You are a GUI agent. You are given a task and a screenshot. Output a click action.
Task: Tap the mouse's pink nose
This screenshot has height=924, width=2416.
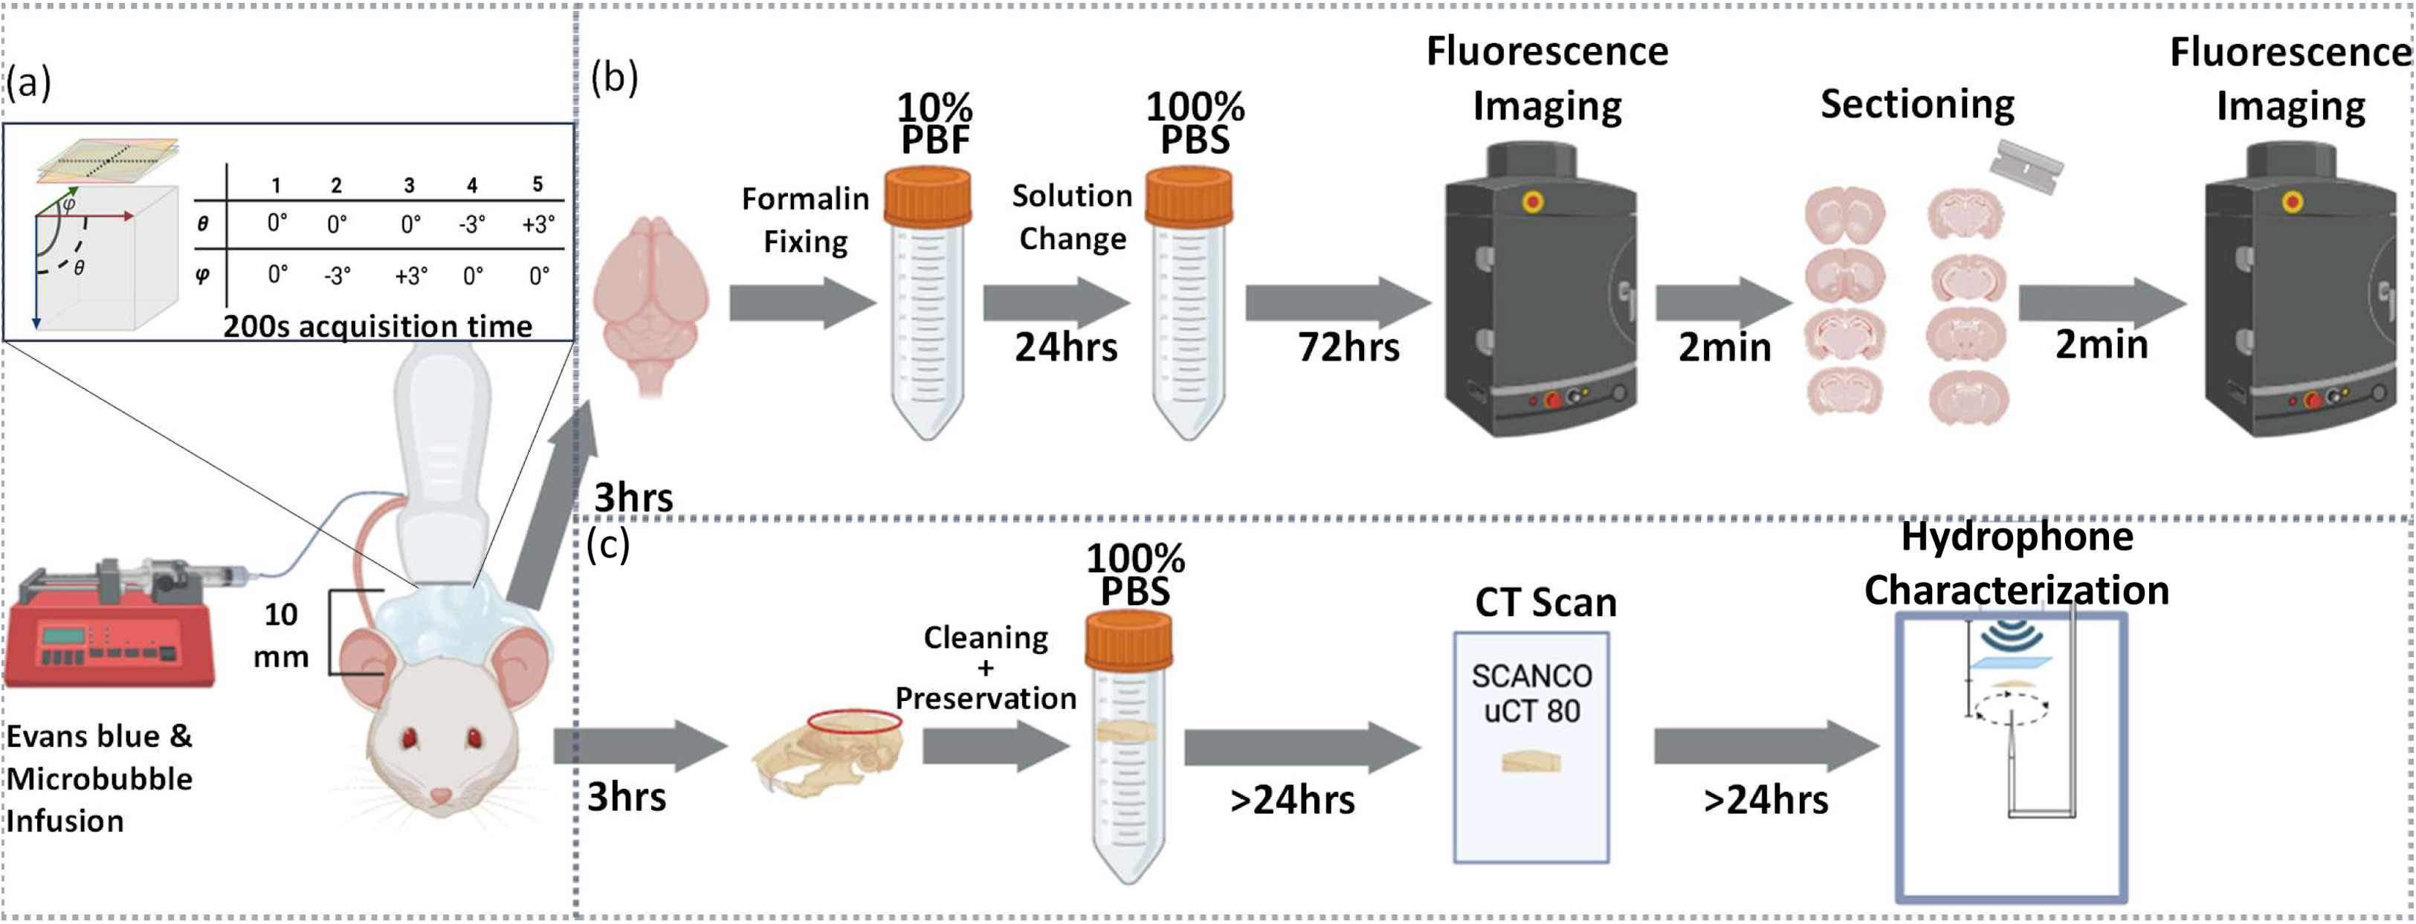click(440, 796)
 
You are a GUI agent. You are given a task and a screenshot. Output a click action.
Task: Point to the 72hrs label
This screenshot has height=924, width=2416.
click(1348, 347)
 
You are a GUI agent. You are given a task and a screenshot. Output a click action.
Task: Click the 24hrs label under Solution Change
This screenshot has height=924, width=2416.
click(1065, 347)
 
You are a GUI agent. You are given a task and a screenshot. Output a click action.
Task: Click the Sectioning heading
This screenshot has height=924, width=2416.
click(1917, 103)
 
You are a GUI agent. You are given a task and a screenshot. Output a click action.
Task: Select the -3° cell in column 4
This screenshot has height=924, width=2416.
click(472, 224)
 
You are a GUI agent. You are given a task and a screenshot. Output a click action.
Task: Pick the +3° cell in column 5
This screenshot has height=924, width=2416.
click(538, 224)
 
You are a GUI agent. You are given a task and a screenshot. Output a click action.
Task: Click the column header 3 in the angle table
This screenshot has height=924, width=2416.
click(409, 186)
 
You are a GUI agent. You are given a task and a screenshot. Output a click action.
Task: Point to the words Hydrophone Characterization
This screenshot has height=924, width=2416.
click(2017, 563)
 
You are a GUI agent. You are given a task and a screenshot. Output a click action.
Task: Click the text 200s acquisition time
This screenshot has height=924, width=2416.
click(377, 326)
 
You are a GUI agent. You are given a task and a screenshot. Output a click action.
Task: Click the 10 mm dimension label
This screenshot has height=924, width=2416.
click(280, 634)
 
